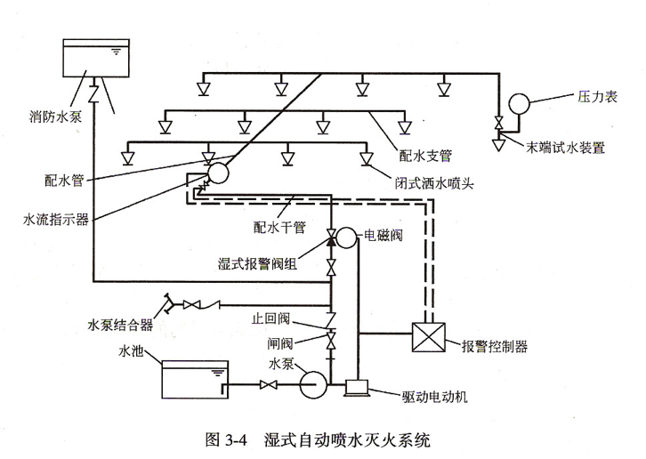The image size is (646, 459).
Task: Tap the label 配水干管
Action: coord(281,225)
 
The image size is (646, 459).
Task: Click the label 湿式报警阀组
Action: coord(258,265)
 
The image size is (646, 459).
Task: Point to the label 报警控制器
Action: coord(496,346)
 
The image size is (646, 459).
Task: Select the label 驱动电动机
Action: coord(430,394)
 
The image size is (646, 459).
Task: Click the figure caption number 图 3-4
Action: coord(225,439)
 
